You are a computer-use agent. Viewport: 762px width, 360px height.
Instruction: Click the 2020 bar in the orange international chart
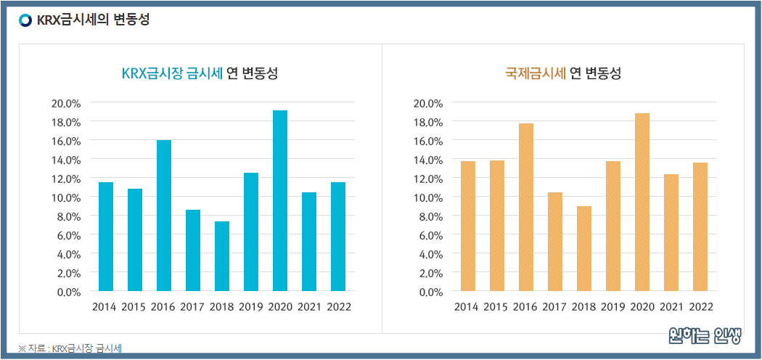[x=642, y=202]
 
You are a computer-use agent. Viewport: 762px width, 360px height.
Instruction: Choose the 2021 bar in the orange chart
[x=671, y=233]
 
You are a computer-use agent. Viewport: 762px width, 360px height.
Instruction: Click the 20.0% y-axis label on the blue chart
[x=65, y=103]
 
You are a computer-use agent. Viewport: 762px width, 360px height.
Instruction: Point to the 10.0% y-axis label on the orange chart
[x=427, y=197]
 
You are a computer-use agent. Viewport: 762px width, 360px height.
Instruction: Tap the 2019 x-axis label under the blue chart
[x=251, y=307]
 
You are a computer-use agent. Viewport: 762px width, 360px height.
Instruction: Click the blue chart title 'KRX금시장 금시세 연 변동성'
[x=200, y=73]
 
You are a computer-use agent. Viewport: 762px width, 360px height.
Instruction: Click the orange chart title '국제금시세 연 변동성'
[x=563, y=73]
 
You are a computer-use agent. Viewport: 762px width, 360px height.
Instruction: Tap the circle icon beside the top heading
[x=25, y=20]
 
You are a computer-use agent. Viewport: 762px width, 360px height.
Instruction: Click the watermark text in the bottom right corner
[x=705, y=336]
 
